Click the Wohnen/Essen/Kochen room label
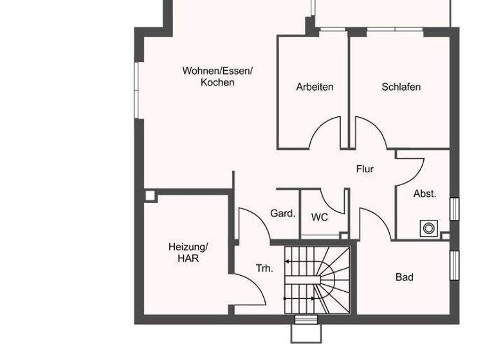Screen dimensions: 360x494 point(217,76)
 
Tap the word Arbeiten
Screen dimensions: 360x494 point(315,87)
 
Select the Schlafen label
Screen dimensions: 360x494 point(401,87)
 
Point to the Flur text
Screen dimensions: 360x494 point(365,169)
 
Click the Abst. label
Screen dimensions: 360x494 point(425,193)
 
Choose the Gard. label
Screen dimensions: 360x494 point(282,213)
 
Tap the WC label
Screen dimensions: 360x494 point(320,217)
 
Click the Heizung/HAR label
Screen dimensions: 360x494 point(188,252)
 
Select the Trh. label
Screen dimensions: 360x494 point(264,269)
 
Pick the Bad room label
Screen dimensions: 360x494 point(404,277)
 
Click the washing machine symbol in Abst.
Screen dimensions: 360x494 point(428,228)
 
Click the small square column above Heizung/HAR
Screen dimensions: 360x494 point(150,195)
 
